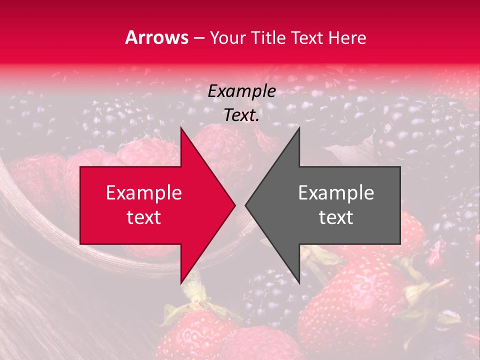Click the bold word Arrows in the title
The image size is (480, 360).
(157, 37)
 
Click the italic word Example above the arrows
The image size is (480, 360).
(242, 91)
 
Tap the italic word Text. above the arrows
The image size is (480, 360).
(242, 115)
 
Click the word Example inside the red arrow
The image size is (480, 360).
(144, 193)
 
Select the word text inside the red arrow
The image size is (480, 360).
(144, 217)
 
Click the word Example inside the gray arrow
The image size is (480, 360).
(336, 193)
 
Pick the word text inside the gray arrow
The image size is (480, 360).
(336, 217)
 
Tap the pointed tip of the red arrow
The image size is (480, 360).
(235, 205)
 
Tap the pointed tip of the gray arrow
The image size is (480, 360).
(245, 205)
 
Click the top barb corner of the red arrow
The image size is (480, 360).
(181, 128)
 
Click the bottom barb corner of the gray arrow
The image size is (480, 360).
(299, 283)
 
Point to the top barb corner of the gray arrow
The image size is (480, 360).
(299, 128)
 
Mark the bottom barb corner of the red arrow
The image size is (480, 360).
(181, 283)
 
